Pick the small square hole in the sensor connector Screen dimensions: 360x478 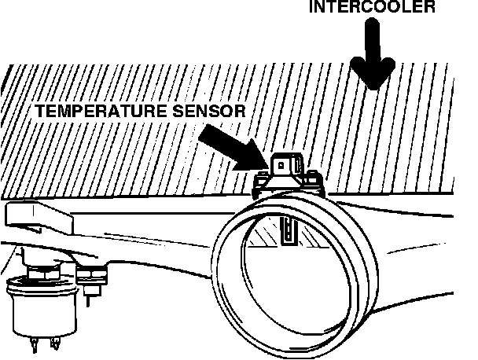click(278, 165)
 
